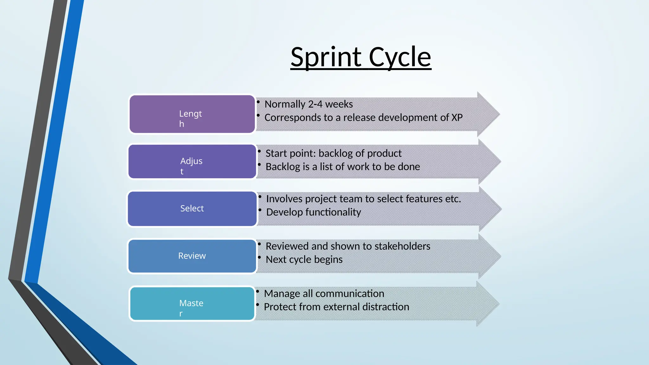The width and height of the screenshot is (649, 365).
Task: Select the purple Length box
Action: coord(192,114)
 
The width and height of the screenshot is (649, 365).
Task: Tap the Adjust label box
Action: coord(192,162)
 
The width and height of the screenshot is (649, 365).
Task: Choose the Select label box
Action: coord(192,208)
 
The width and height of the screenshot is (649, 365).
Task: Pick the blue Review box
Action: coord(192,256)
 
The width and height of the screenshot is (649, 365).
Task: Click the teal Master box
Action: coord(192,304)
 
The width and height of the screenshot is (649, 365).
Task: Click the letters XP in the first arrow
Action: coord(457,118)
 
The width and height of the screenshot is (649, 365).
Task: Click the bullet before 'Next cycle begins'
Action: coord(259,257)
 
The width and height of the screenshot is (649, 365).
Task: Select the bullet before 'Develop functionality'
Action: coord(260,210)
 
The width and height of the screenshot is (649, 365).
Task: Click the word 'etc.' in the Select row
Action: coord(453,199)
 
